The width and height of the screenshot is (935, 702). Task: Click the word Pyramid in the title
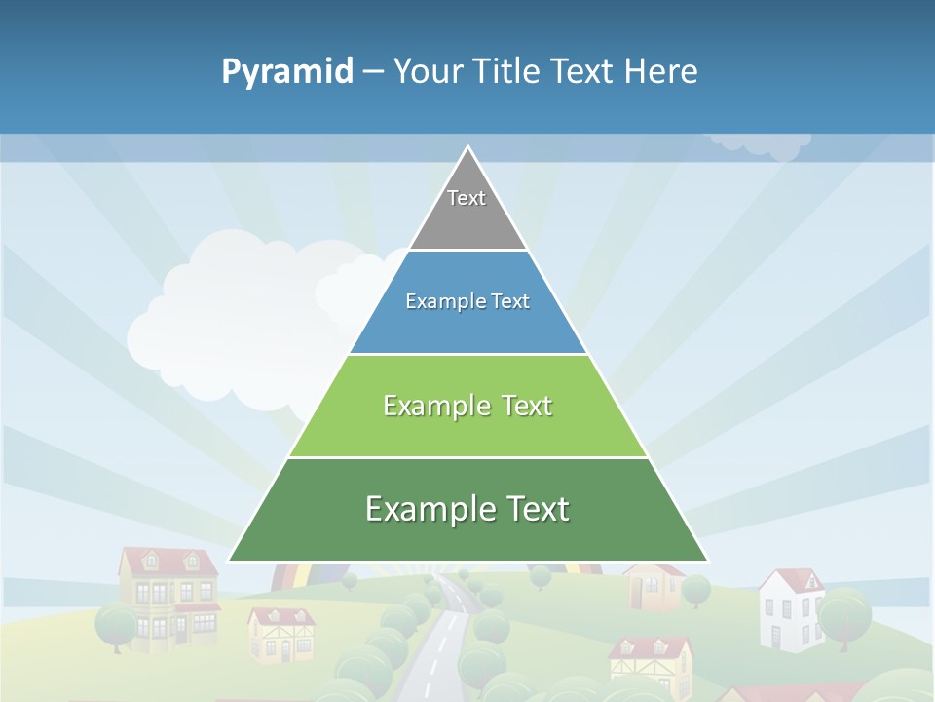coord(287,72)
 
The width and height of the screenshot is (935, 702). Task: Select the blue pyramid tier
coord(467,302)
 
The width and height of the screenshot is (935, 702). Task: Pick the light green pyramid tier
coord(467,406)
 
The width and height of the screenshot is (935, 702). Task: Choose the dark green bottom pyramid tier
coord(467,510)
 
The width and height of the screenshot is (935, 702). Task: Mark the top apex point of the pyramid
coord(467,147)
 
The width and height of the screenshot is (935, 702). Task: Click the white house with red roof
coord(790,608)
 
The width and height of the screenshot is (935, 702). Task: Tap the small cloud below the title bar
coord(760,144)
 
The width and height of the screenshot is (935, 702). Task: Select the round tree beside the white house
coord(843,614)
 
